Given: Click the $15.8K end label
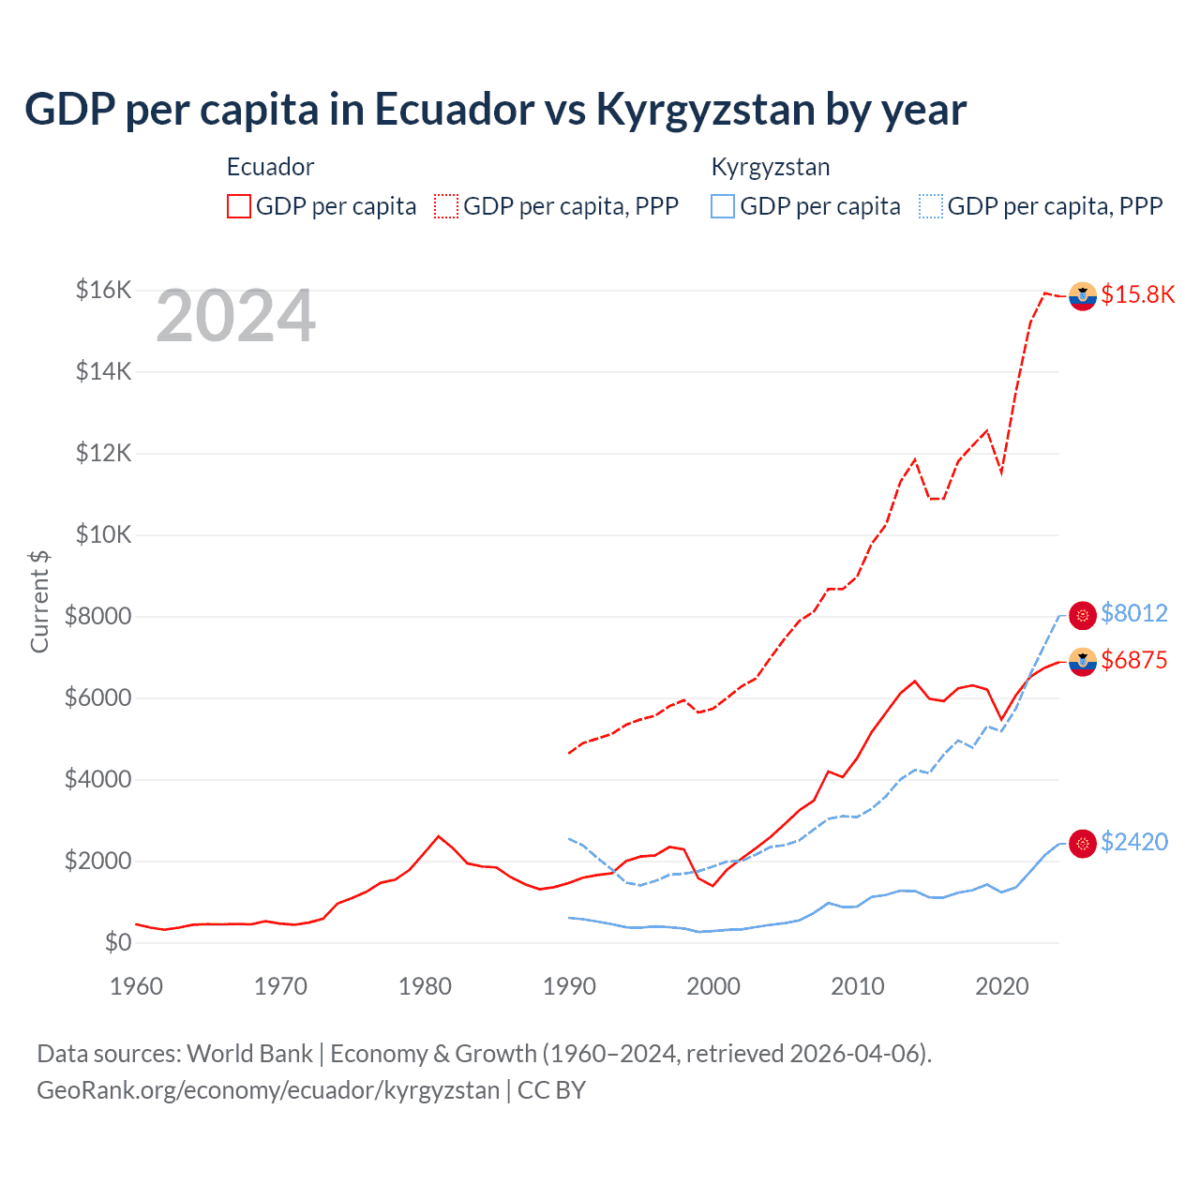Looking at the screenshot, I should point(1137,294).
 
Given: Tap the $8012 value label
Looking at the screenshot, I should point(1133,613).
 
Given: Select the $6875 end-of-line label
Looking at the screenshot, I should point(1133,660).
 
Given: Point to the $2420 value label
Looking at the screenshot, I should point(1133,842).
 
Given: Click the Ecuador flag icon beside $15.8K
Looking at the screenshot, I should point(1083,295).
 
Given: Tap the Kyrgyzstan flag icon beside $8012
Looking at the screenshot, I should point(1083,615).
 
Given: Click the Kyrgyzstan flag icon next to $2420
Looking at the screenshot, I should point(1083,844).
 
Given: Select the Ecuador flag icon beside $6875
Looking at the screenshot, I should point(1083,662).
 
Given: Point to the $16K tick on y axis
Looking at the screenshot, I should point(103,290).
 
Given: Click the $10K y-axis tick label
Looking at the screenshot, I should point(103,534).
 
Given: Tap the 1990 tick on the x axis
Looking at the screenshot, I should point(569,986).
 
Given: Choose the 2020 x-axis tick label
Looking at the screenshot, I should point(1001,986).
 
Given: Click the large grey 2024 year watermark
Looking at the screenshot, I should point(235,316).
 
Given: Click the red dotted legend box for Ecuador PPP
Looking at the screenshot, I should point(446,206).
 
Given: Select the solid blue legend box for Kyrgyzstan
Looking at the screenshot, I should point(723,206).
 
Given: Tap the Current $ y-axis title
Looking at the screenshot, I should point(39,602).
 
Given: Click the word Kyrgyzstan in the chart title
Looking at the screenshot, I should point(705,110).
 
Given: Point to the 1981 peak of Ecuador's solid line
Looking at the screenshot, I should point(438,835).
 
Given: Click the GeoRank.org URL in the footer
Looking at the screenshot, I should point(268,1090).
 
